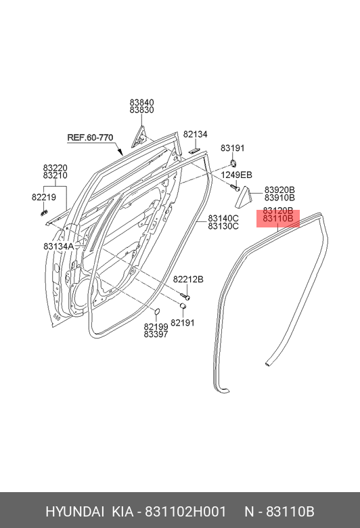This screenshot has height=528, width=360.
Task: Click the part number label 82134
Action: click(x=196, y=134)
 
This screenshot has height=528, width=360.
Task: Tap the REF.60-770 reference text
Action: click(x=90, y=137)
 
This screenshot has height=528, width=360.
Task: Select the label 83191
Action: click(x=233, y=148)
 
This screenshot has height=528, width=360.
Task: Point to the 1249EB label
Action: click(x=236, y=175)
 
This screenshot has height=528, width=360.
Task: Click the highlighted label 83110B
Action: click(x=278, y=219)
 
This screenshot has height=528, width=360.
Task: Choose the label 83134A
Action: click(x=59, y=246)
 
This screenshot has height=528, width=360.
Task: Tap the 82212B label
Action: click(x=188, y=280)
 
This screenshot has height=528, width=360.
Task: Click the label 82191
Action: click(x=183, y=323)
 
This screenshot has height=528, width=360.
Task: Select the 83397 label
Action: click(x=156, y=334)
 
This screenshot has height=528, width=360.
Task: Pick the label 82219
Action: click(x=44, y=198)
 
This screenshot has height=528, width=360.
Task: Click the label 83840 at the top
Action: click(x=142, y=102)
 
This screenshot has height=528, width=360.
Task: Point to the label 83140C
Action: click(x=223, y=219)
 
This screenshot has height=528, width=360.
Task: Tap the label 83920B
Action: click(x=279, y=190)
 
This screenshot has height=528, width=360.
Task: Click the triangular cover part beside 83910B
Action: click(x=244, y=197)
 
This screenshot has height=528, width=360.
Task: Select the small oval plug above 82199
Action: click(x=157, y=312)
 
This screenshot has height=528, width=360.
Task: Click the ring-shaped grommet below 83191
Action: click(x=233, y=164)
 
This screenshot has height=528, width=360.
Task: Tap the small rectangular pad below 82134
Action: click(x=195, y=150)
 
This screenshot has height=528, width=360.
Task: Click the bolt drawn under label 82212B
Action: click(x=185, y=296)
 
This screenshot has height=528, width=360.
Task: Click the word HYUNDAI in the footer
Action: click(x=74, y=512)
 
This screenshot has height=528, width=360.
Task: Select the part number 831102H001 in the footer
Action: click(x=185, y=512)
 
